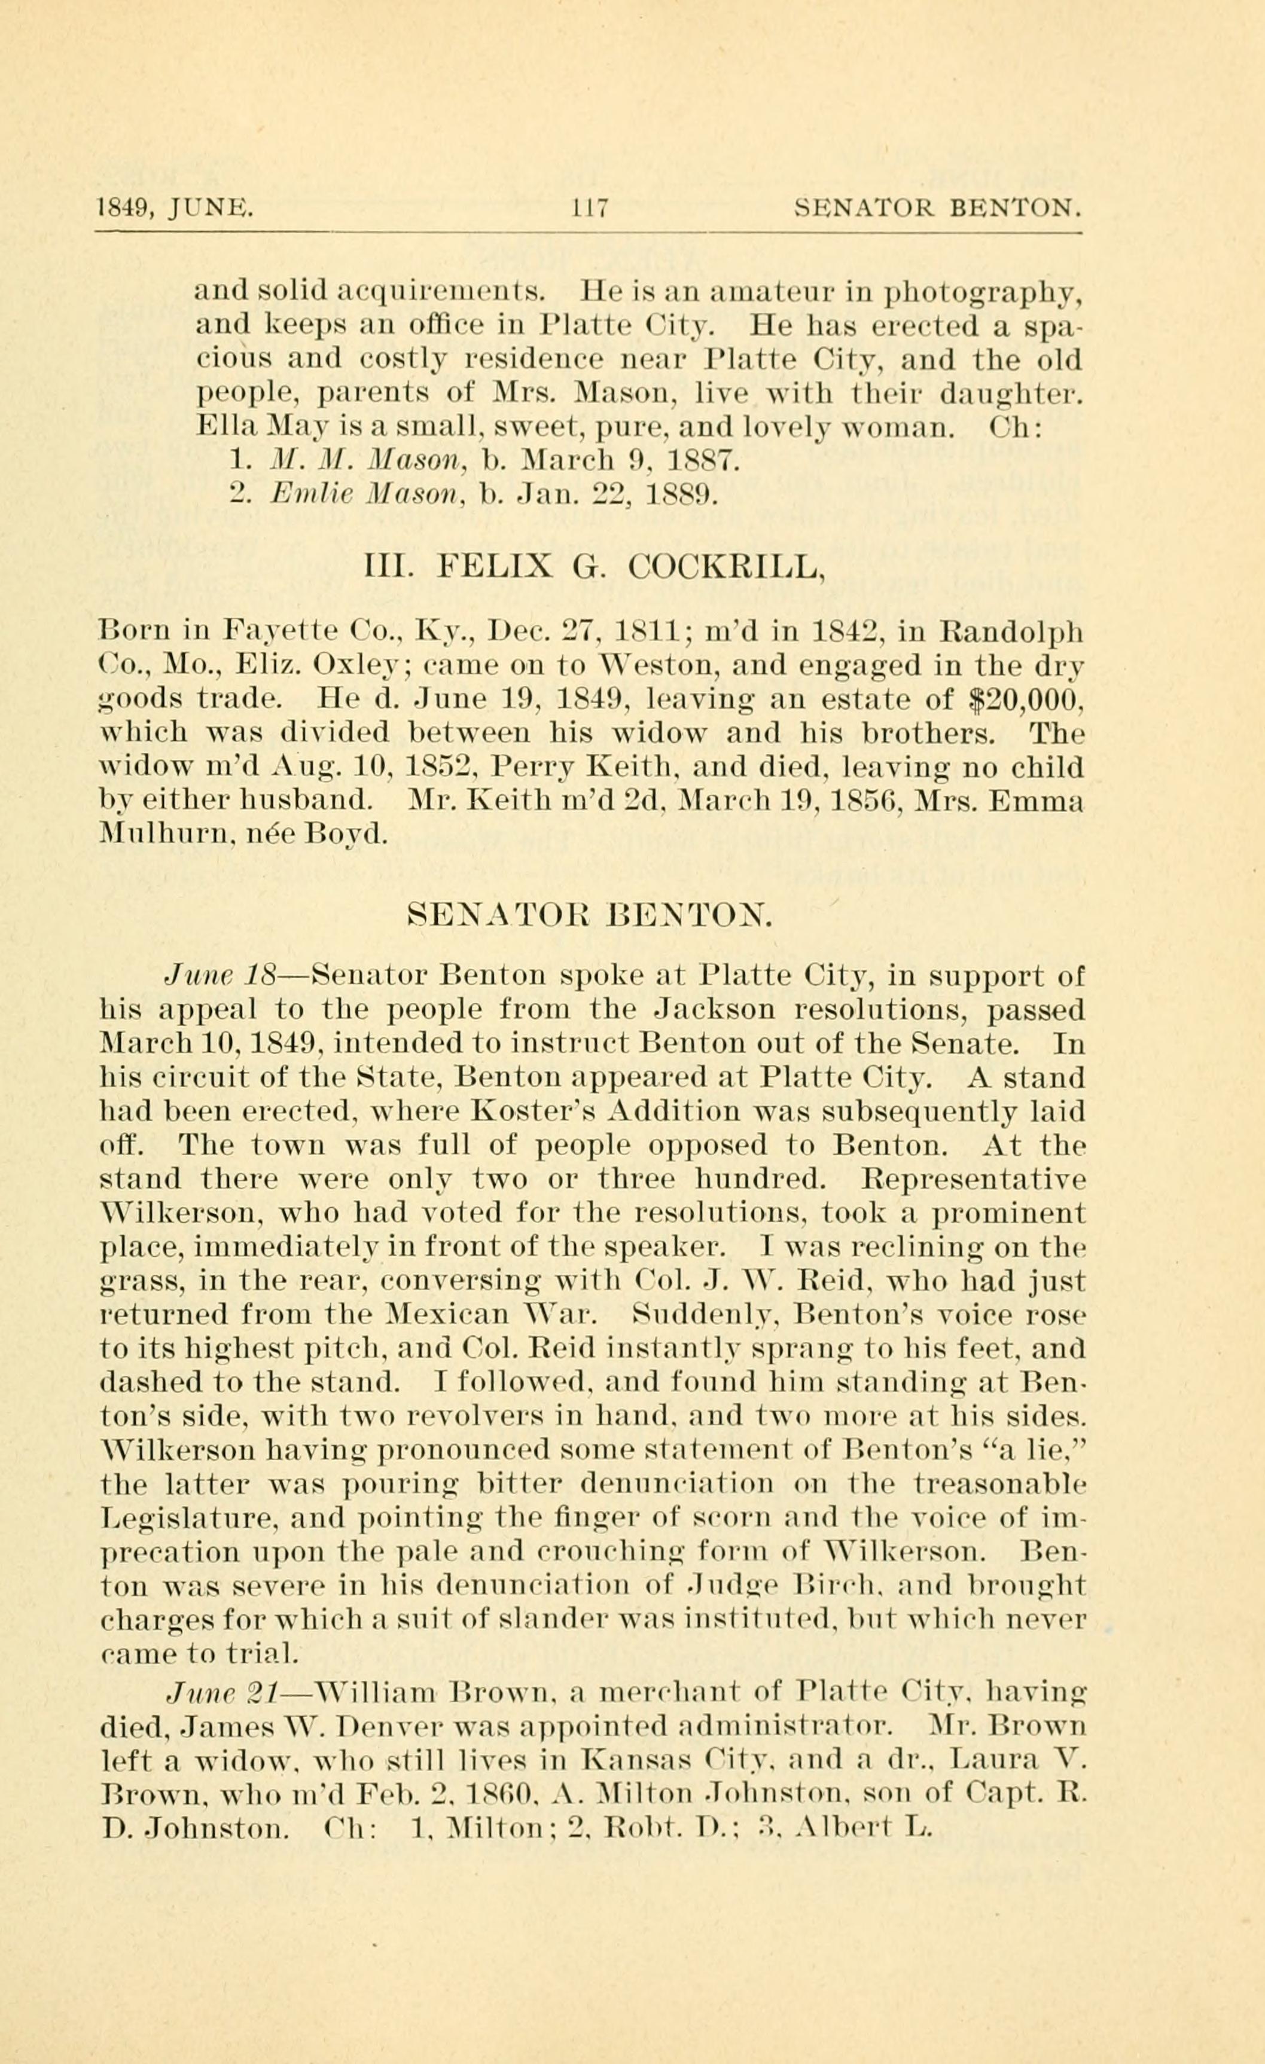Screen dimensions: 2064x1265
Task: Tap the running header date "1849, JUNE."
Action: [176, 207]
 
